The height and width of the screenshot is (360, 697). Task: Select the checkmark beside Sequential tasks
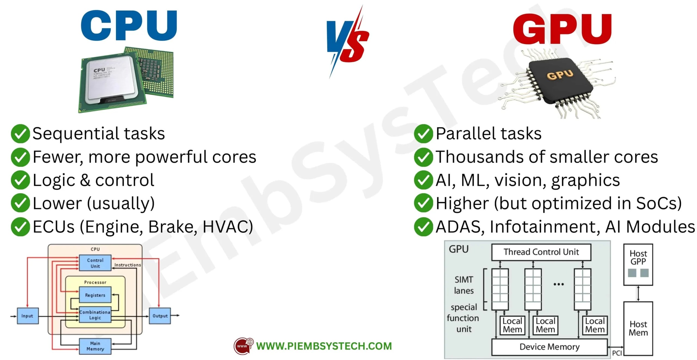(x=20, y=133)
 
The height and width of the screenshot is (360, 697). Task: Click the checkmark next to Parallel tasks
(x=423, y=133)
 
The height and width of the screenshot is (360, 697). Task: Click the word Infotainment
(x=544, y=227)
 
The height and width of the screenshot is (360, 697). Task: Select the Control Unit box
(x=95, y=263)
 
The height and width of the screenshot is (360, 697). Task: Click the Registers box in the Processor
(x=95, y=295)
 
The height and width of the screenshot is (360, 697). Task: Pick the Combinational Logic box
(x=95, y=315)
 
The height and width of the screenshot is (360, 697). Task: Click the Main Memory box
(x=95, y=346)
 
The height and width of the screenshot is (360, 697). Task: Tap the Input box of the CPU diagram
(x=27, y=316)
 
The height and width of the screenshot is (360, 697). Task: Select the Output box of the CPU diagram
(x=160, y=316)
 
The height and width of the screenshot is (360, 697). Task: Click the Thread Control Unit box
(x=541, y=252)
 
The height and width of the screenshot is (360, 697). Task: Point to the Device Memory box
(x=549, y=347)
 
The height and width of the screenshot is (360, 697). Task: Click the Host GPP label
(x=638, y=257)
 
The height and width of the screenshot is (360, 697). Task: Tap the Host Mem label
(x=638, y=328)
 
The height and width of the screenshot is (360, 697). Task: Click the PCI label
(x=617, y=353)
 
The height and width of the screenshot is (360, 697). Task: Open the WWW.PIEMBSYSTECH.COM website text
(x=324, y=346)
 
